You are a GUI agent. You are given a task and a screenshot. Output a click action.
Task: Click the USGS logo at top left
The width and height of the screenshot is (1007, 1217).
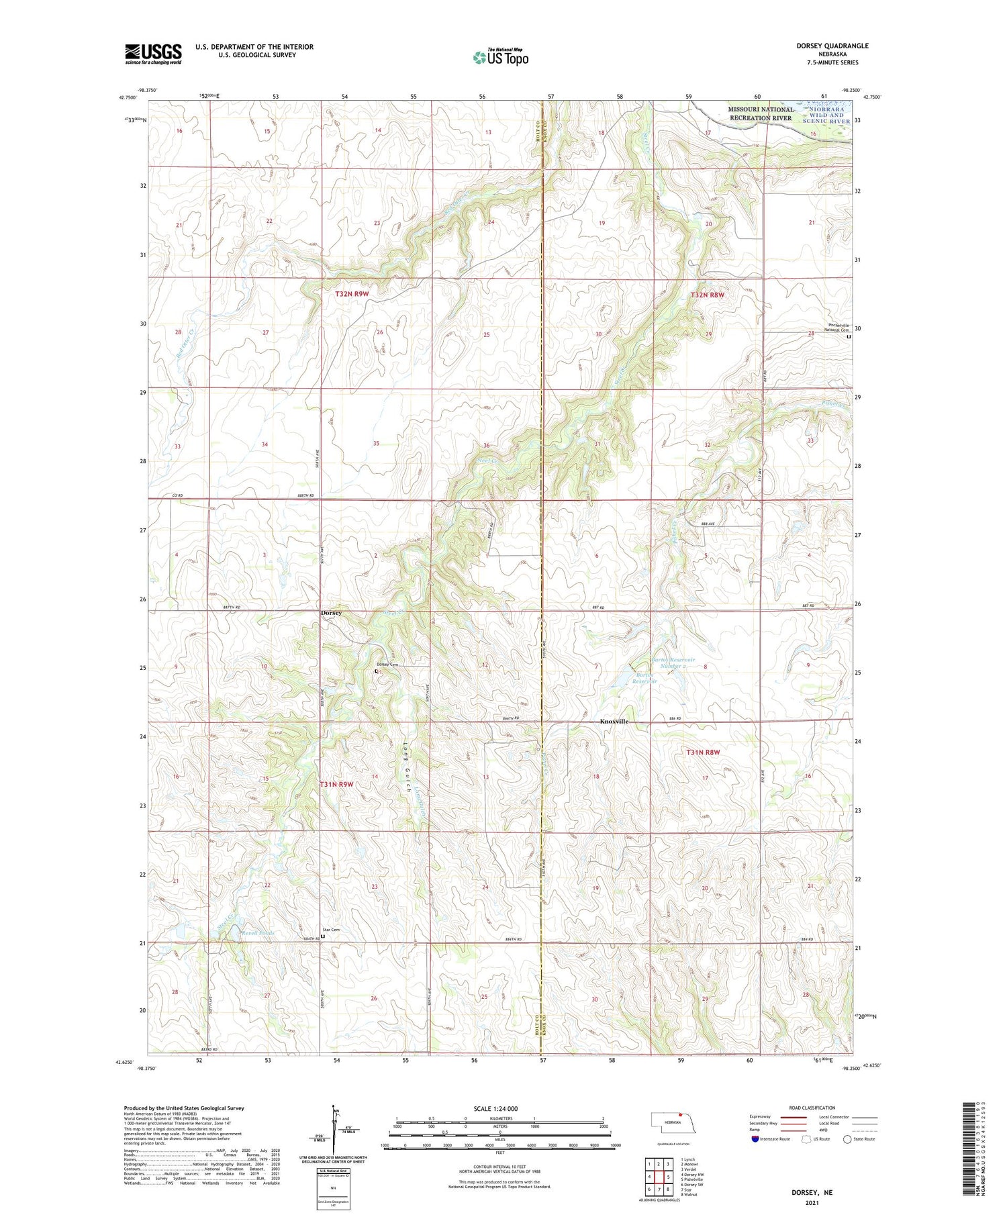pyautogui.click(x=153, y=54)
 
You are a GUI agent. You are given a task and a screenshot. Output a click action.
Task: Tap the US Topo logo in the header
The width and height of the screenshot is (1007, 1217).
pyautogui.click(x=500, y=57)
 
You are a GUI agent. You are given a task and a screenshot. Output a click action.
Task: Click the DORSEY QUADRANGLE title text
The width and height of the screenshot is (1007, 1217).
pyautogui.click(x=832, y=46)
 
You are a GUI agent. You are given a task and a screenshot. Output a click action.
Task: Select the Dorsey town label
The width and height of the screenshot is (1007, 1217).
pyautogui.click(x=330, y=613)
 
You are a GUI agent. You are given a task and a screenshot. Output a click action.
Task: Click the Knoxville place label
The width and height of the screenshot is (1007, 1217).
pyautogui.click(x=614, y=721)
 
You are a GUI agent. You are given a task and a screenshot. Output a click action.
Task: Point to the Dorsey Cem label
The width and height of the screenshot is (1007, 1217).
pyautogui.click(x=387, y=665)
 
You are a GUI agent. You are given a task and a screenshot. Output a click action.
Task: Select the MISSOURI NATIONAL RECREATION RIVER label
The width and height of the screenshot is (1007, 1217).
pyautogui.click(x=761, y=113)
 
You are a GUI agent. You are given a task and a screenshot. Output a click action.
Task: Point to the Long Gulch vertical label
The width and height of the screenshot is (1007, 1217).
pyautogui.click(x=407, y=767)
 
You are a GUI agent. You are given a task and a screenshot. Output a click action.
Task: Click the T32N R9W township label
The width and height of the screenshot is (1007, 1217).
pyautogui.click(x=352, y=294)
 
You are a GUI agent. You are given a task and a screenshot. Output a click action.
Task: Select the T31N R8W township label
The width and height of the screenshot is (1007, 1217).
pyautogui.click(x=702, y=752)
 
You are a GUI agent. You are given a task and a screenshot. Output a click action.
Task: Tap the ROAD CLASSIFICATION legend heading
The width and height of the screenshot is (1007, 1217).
pyautogui.click(x=812, y=1108)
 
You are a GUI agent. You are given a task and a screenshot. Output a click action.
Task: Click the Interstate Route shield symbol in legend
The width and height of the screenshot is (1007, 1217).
pyautogui.click(x=755, y=1138)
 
